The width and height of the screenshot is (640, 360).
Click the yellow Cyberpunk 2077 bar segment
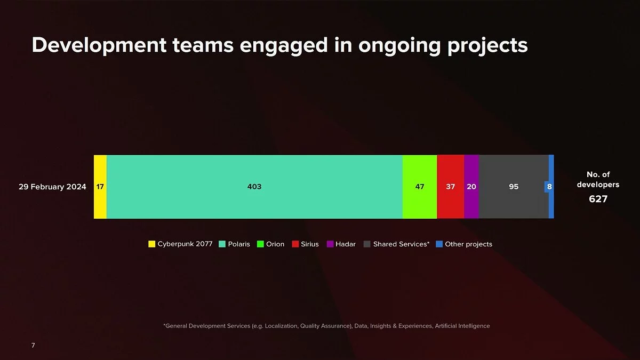(x=100, y=187)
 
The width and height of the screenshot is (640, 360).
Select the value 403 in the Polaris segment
(x=254, y=187)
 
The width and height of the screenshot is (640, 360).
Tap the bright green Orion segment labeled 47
(x=419, y=187)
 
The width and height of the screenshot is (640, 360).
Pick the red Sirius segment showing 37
(x=450, y=187)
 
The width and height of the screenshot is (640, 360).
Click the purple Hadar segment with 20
(x=471, y=187)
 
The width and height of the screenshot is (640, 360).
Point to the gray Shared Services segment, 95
(x=514, y=187)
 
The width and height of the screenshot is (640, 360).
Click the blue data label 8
(x=549, y=187)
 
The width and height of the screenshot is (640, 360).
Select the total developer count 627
(x=598, y=199)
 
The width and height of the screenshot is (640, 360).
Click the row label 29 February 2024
(x=52, y=187)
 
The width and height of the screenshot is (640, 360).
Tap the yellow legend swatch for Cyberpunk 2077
(x=151, y=244)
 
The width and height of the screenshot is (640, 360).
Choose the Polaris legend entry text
(x=239, y=244)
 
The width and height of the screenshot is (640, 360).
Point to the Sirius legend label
(x=310, y=244)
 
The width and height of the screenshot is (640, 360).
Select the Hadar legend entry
(x=346, y=244)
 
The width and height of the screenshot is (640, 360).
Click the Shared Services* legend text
(x=401, y=244)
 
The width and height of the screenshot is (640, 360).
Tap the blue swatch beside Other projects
(x=439, y=244)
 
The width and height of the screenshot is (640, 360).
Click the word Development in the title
(x=99, y=45)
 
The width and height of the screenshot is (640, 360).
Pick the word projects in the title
(x=487, y=46)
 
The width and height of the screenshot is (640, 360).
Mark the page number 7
(x=33, y=345)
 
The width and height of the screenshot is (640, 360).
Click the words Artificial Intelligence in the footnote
(x=462, y=326)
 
